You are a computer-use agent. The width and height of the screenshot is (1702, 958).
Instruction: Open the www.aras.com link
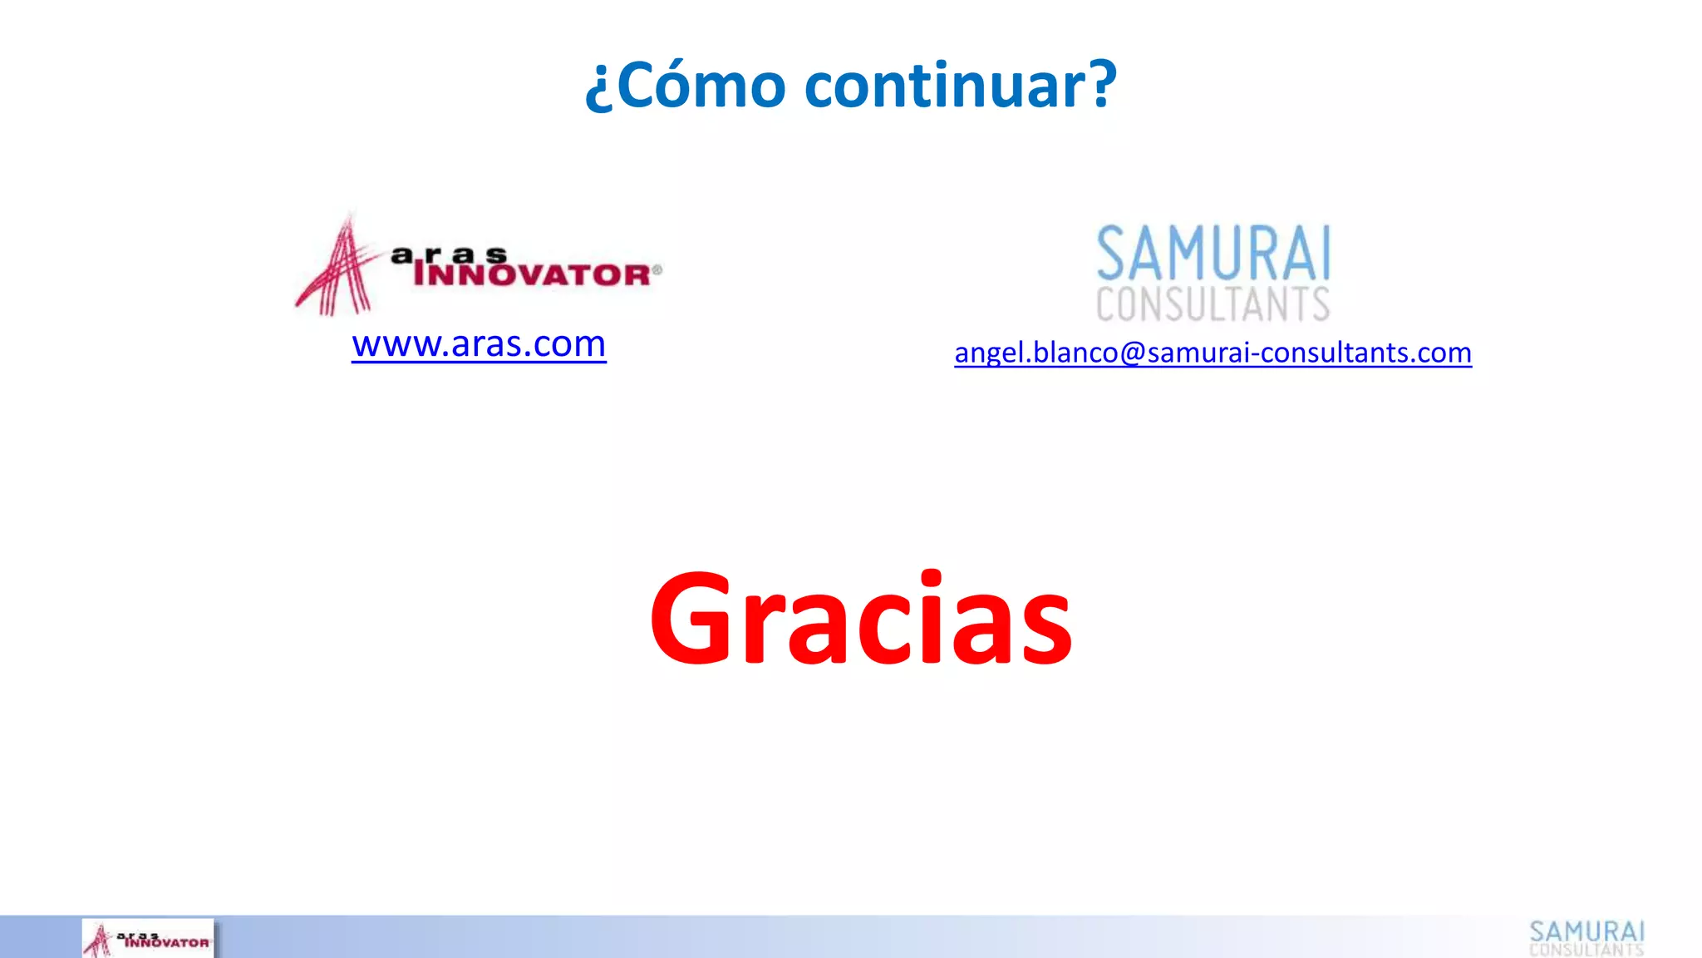479,344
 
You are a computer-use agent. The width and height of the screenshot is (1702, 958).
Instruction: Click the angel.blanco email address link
1213,353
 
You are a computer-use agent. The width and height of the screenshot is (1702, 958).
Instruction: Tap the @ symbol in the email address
1133,353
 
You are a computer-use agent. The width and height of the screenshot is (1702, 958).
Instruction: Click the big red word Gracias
861,619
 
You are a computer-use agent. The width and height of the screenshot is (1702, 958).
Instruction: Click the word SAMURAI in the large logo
1213,254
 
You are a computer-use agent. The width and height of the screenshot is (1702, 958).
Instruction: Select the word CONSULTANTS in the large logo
1213,304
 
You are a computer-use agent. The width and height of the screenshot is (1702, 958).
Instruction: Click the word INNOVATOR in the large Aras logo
533,275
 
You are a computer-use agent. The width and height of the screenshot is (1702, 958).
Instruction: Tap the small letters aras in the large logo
449,254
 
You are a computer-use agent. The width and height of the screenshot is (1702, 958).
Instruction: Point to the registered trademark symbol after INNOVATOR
657,269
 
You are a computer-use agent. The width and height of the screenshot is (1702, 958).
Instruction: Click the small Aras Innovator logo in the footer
148,939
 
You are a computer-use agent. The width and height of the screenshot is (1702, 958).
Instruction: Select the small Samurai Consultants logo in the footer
1586,938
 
